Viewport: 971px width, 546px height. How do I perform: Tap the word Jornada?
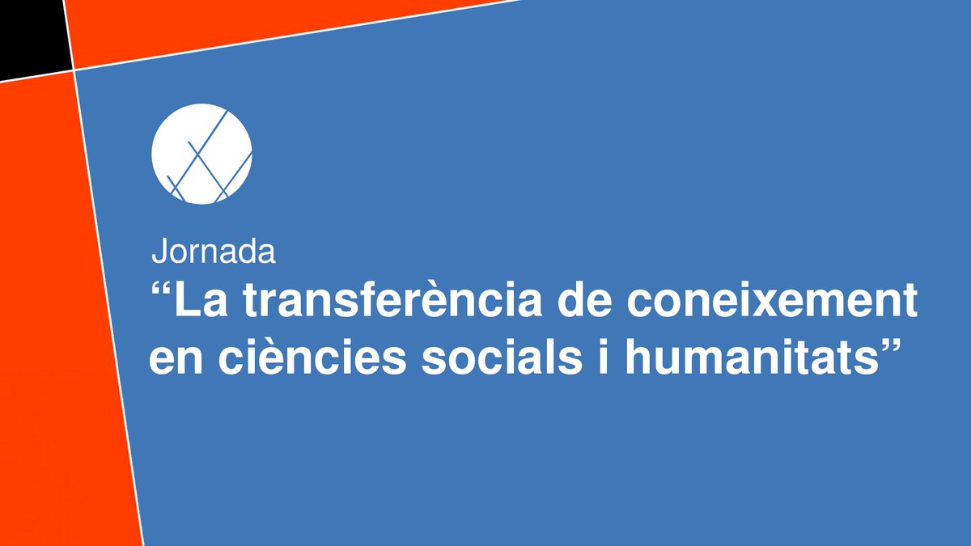[214, 252]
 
